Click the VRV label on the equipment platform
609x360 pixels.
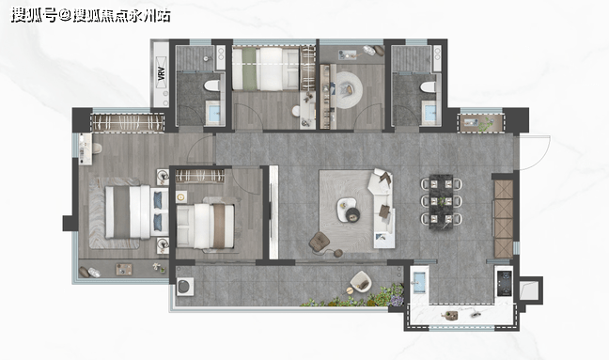tap(162, 73)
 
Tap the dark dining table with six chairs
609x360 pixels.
tap(441, 201)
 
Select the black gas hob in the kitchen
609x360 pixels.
tap(505, 283)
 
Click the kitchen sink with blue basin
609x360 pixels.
tap(419, 282)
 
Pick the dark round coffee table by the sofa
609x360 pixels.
tap(353, 214)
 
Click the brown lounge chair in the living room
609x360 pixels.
tap(320, 243)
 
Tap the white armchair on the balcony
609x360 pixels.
tap(361, 281)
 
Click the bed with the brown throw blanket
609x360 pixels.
tap(206, 226)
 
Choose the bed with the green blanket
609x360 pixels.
tap(266, 69)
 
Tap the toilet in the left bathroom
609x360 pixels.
tap(211, 86)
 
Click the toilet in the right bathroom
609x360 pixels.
tap(428, 86)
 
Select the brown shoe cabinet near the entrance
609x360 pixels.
tap(504, 219)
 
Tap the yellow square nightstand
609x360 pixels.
tap(180, 196)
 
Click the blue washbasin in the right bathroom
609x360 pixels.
tap(429, 113)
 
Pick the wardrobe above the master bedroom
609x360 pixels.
tap(128, 122)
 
